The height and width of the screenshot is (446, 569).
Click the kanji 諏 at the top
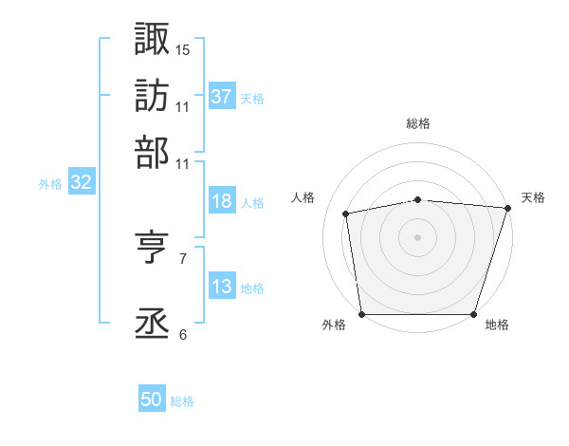click(x=152, y=39)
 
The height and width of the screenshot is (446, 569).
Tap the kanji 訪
click(x=152, y=95)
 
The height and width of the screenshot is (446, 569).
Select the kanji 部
click(x=152, y=151)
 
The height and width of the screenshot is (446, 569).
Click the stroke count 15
click(x=183, y=48)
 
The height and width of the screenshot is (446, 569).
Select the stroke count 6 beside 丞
click(x=183, y=334)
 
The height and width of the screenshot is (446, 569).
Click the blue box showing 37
click(x=222, y=96)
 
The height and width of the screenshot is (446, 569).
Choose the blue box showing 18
click(x=222, y=202)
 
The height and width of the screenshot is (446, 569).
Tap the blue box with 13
click(x=222, y=288)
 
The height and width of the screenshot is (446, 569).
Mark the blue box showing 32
click(x=81, y=183)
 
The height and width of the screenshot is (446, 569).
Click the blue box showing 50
click(x=152, y=400)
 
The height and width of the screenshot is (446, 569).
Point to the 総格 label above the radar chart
click(x=418, y=123)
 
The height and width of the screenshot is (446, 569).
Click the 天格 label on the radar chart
click(x=533, y=197)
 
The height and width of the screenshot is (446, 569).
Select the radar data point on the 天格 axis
click(x=506, y=208)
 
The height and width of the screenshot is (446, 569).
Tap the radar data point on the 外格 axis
click(x=362, y=314)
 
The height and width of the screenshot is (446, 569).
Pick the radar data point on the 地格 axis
click(x=474, y=314)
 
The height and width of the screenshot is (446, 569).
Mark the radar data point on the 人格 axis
click(x=347, y=214)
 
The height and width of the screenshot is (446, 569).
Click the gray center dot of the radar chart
click(x=418, y=236)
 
